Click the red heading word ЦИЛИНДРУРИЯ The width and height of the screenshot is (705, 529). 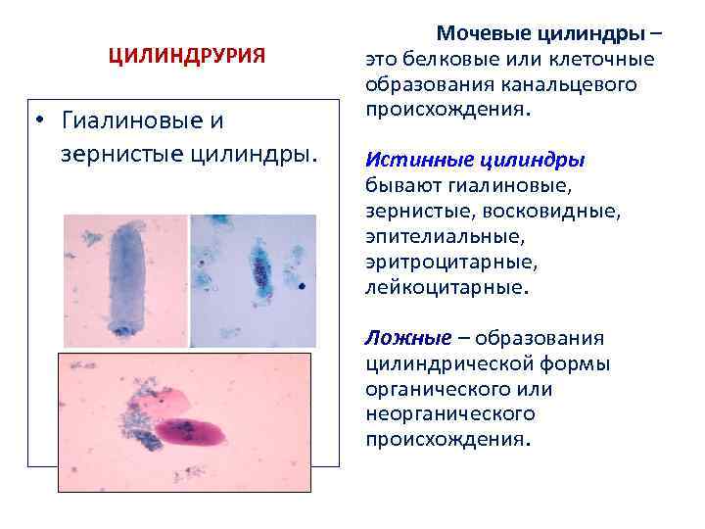(186, 56)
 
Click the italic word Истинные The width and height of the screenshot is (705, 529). (411, 159)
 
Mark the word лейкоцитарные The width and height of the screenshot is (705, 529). (444, 289)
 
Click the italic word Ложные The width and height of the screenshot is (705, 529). (406, 338)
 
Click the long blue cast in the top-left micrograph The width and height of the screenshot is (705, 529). (126, 278)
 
